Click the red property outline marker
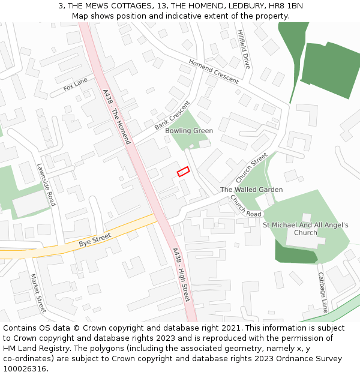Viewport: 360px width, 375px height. pos(183,172)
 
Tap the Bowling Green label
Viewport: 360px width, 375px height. pos(189,131)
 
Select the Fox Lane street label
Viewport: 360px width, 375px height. pos(76,85)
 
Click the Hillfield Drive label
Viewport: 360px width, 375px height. pos(243,49)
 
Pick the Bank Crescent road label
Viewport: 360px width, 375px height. pos(172,115)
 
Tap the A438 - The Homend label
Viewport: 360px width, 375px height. pos(116,118)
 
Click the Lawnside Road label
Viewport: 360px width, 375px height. pos(46,184)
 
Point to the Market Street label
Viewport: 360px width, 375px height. pos(38,293)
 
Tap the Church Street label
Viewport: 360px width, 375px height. pos(251,168)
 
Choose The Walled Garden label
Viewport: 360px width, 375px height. pos(251,190)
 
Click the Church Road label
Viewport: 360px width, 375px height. pos(246,206)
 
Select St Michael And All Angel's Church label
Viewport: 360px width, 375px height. pos(305,229)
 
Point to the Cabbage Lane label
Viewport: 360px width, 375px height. pos(323,292)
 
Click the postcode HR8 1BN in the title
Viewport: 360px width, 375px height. pos(287,6)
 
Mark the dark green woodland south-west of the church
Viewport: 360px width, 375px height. pos(294,251)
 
